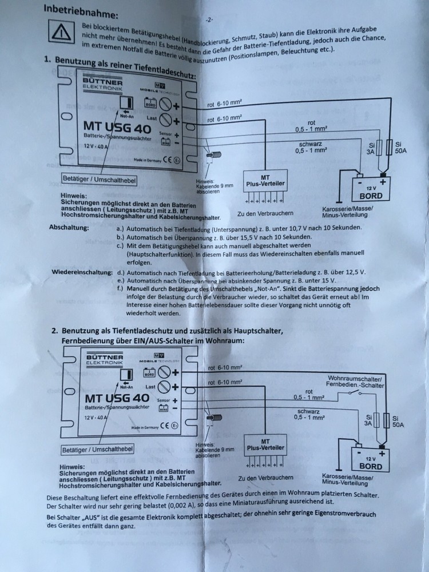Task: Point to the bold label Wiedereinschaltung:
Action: pos(80,273)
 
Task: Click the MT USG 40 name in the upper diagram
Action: pos(114,125)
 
